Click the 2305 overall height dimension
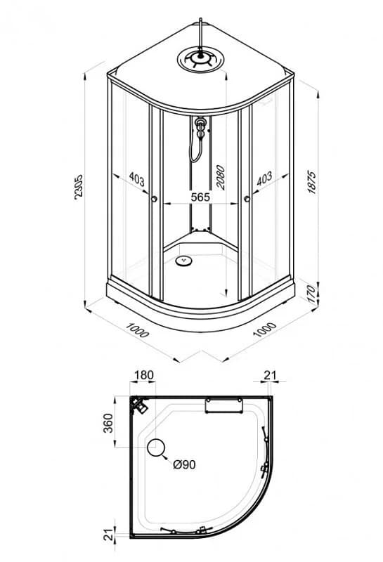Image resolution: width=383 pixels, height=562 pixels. pos(78,185)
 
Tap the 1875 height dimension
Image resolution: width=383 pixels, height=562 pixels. pos(312,183)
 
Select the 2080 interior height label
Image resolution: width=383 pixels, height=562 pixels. pos(220,177)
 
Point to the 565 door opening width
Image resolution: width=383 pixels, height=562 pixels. pos(200,197)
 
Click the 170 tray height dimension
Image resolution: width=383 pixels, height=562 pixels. pos(312,293)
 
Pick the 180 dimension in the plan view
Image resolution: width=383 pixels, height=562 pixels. pos(144,375)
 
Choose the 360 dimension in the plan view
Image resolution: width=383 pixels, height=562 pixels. pos(108,423)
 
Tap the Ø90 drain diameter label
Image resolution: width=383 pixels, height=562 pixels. pos(184,464)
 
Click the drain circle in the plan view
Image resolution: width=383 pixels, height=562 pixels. pos(156,447)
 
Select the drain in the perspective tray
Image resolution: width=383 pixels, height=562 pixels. pos(184,261)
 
